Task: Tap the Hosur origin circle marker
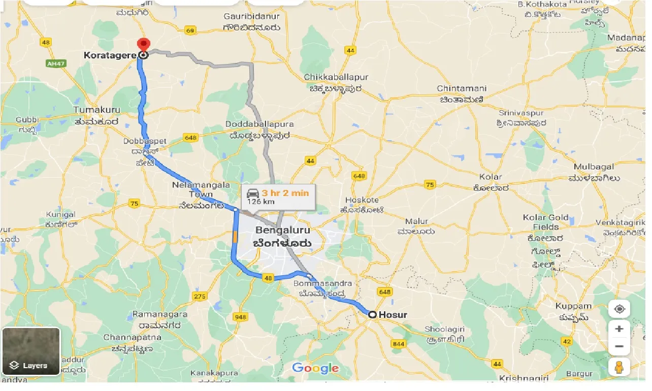[x=372, y=315]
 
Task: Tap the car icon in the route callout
[x=253, y=193]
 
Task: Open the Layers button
[x=31, y=351]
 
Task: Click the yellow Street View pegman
[x=620, y=367]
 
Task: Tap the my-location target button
[x=620, y=309]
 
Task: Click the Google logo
[x=315, y=368]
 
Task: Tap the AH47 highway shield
[x=52, y=63]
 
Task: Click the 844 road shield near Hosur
[x=399, y=344]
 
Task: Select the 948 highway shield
[x=240, y=317]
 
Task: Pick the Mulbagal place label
[x=594, y=167]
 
